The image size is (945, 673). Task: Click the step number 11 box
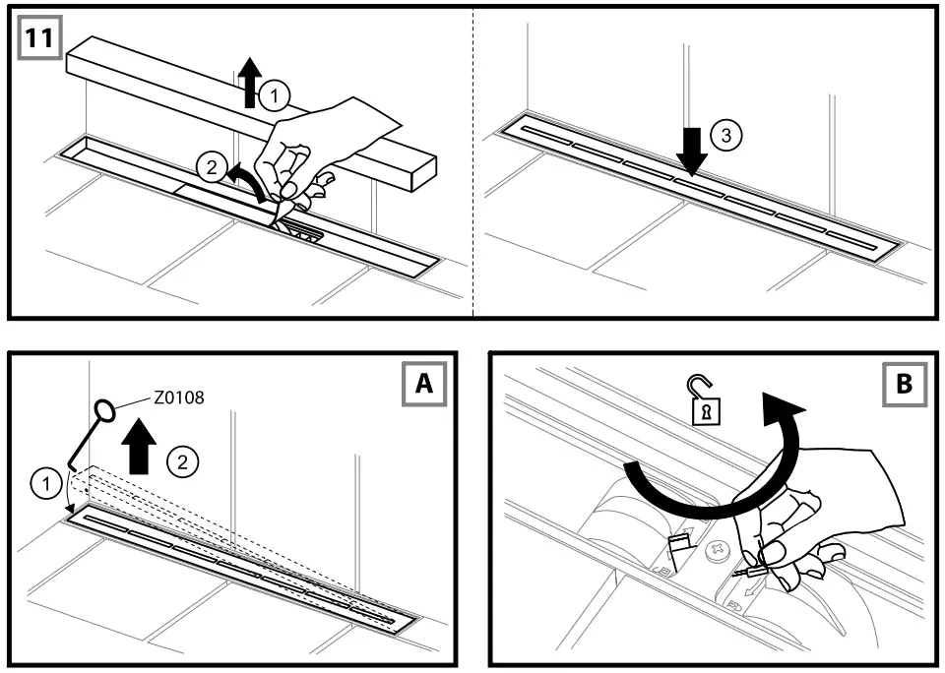[40, 39]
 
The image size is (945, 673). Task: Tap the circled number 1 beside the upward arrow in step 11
[277, 94]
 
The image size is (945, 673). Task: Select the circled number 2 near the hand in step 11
[210, 167]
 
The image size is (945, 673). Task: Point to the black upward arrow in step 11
[249, 80]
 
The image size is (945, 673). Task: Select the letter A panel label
[423, 385]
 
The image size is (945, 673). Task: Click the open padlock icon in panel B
[704, 404]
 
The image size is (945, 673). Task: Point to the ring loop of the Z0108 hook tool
[106, 409]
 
